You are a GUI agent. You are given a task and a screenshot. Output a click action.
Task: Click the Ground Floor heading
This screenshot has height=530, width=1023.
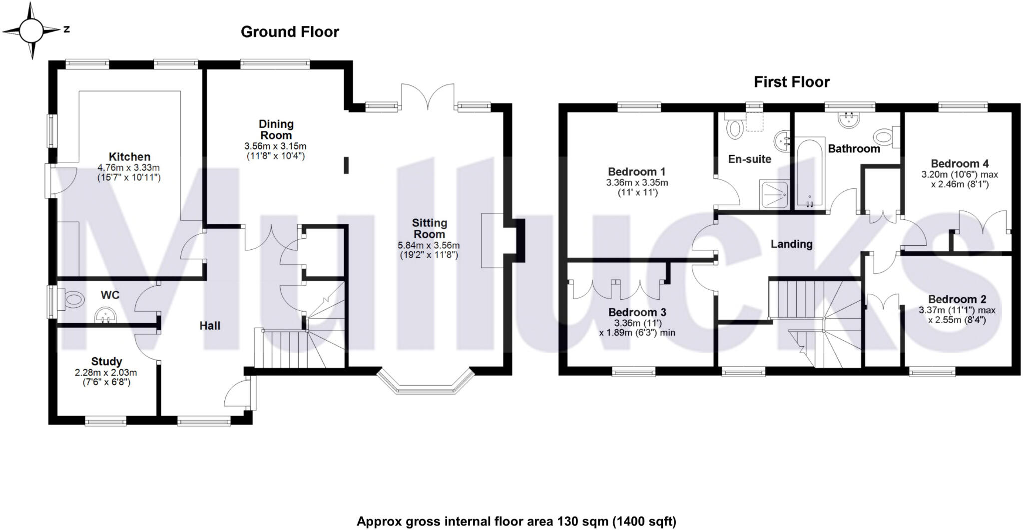point(290,32)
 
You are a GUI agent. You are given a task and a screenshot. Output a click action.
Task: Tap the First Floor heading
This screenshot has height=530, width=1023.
point(791,82)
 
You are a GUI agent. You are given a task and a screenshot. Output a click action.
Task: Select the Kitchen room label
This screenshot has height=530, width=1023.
point(129,157)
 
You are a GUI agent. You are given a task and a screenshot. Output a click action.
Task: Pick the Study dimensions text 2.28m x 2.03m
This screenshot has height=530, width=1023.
point(106,373)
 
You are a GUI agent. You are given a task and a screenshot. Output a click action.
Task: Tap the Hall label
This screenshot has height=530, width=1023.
point(210,326)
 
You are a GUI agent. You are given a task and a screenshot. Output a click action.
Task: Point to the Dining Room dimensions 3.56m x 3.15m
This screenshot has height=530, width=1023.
point(275,146)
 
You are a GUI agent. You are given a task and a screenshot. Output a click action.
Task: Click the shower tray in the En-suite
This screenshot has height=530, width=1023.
point(775,194)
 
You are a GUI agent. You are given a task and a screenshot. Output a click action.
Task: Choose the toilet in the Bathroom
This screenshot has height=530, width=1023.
point(886,136)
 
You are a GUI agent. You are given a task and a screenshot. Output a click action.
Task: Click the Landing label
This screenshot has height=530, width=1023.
point(791,244)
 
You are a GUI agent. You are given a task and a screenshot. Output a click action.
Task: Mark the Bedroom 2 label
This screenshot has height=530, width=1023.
point(957,299)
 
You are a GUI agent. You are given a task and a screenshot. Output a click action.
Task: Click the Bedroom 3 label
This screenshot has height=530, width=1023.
point(637,312)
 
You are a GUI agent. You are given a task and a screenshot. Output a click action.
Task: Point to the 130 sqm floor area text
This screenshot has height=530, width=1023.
point(516,522)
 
